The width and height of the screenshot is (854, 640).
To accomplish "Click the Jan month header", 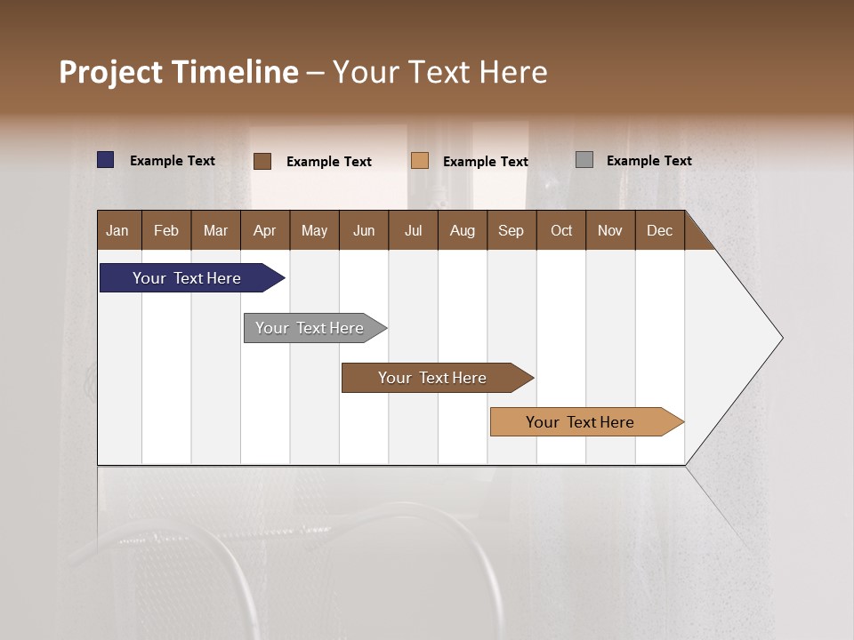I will (x=118, y=230).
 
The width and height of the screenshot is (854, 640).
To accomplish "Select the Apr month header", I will (x=265, y=230).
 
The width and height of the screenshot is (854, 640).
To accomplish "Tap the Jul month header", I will (x=413, y=230).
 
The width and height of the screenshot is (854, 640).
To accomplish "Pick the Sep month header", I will (x=512, y=230).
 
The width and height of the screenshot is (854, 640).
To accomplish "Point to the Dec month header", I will (x=659, y=230).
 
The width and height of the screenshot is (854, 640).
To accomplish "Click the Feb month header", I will (x=166, y=230).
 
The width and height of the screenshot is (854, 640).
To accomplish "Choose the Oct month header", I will (x=561, y=230).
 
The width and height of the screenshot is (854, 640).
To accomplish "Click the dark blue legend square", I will (x=106, y=160).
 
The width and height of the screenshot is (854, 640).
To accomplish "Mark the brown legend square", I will (x=262, y=161).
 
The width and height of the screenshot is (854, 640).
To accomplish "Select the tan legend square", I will (x=420, y=161).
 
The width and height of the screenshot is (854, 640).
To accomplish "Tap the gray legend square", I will (x=584, y=160).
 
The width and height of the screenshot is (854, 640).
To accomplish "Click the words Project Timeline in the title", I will (x=178, y=72).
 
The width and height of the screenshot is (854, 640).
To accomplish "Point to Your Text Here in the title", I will (x=439, y=72).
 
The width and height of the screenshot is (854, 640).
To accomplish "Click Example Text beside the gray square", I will (x=649, y=161).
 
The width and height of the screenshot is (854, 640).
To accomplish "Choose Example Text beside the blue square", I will (x=172, y=161).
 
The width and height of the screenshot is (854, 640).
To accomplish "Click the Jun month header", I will (x=364, y=230).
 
